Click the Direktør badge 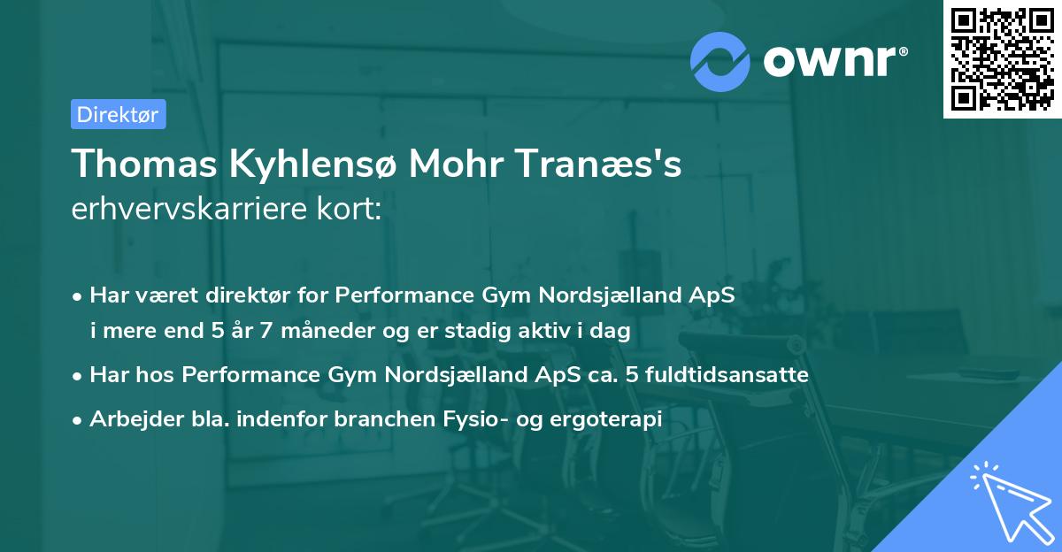pyautogui.click(x=118, y=114)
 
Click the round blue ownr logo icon pyautogui.click(x=721, y=61)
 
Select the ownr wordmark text pyautogui.click(x=833, y=61)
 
